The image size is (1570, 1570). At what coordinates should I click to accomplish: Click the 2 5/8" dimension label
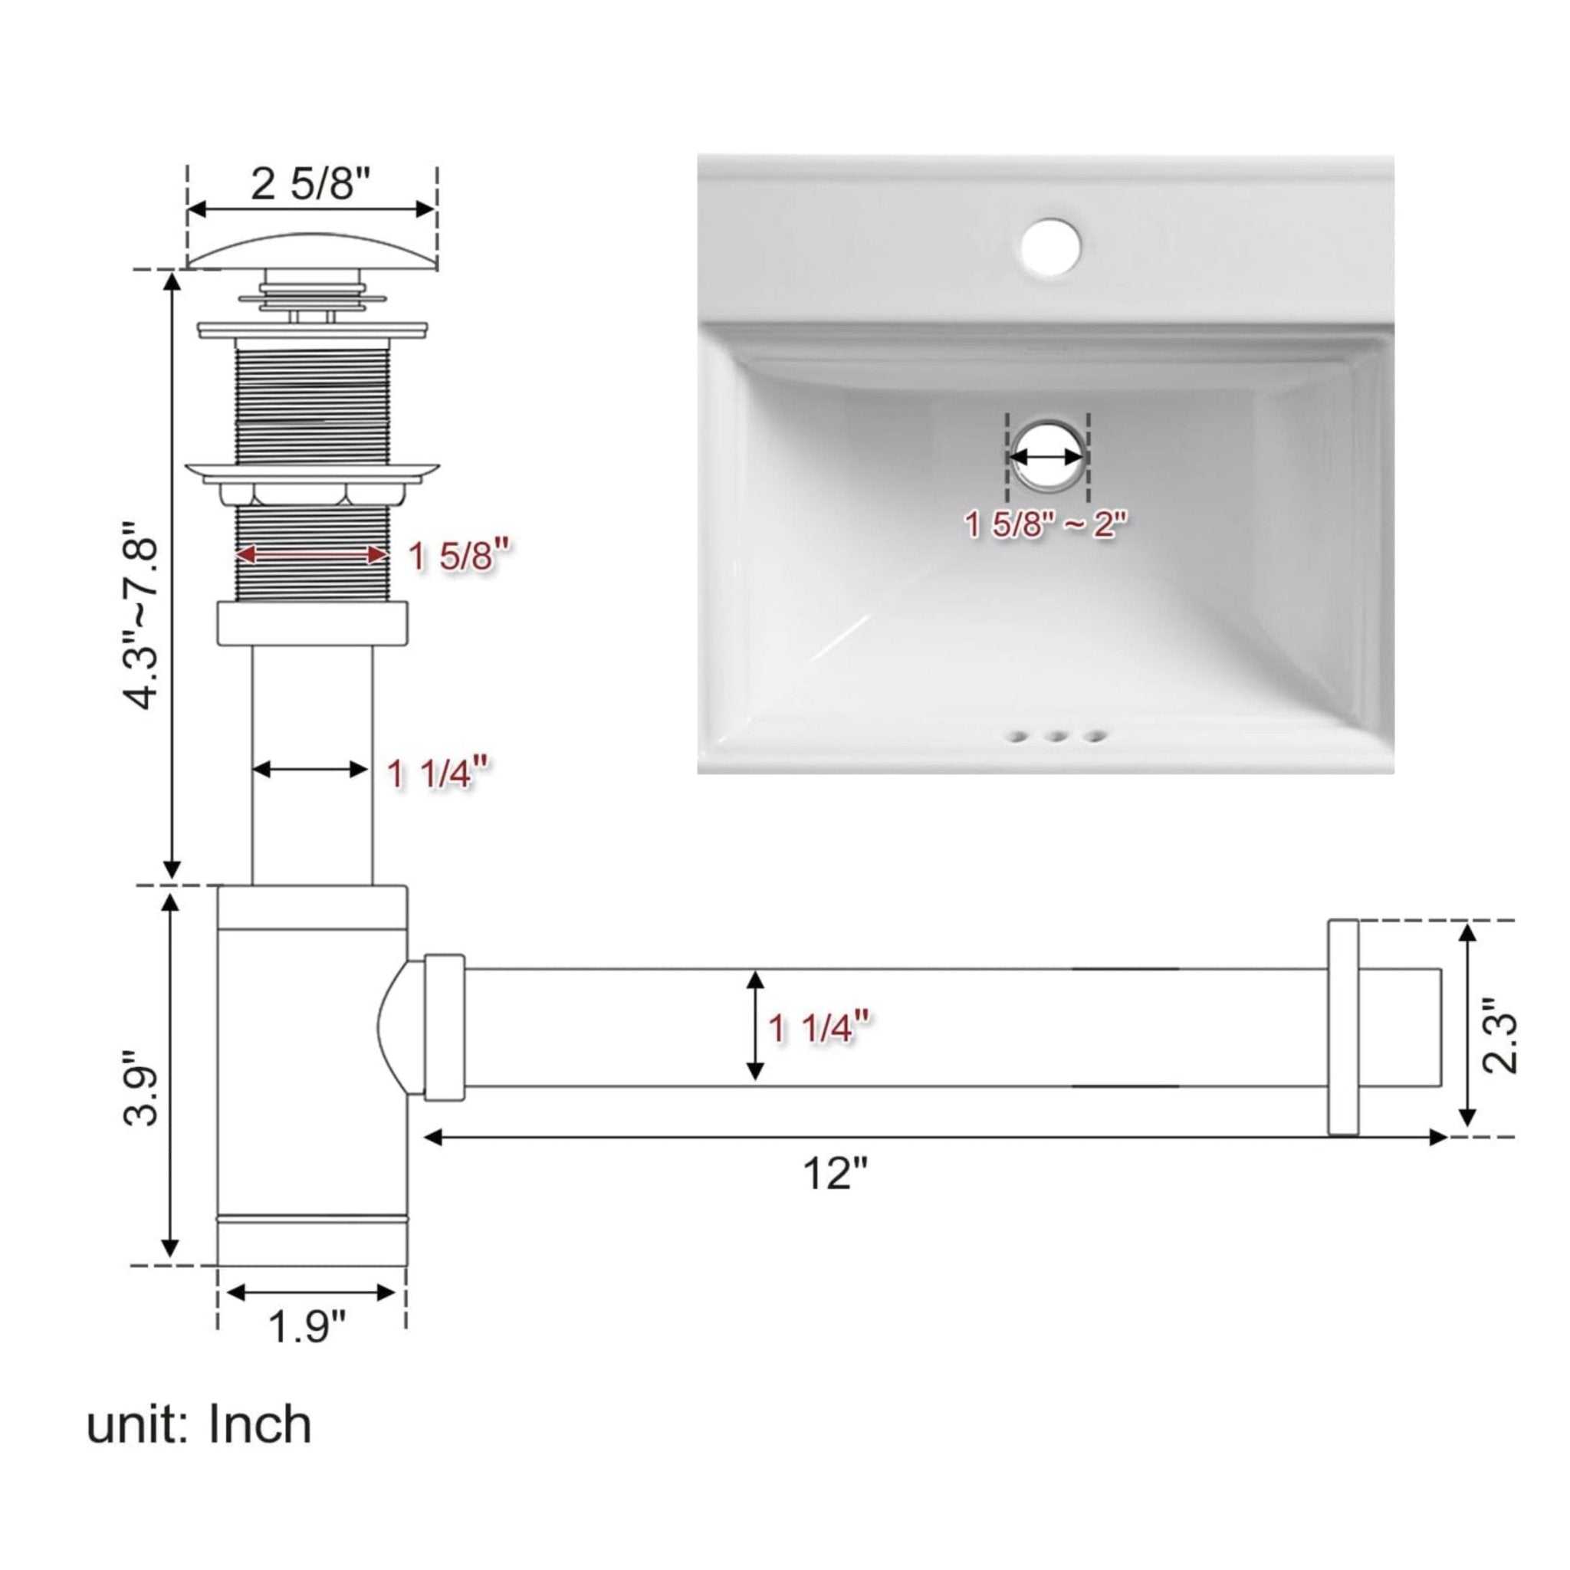pyautogui.click(x=311, y=184)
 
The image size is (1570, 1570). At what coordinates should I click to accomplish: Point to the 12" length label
pyautogui.click(x=836, y=1174)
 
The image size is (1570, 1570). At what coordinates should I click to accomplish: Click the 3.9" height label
pyautogui.click(x=140, y=1089)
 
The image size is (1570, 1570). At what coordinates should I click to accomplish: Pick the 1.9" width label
pyautogui.click(x=307, y=1327)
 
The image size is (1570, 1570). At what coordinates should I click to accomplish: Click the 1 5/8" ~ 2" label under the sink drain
pyautogui.click(x=1046, y=525)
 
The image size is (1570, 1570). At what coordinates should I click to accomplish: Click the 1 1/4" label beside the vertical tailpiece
pyautogui.click(x=438, y=772)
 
